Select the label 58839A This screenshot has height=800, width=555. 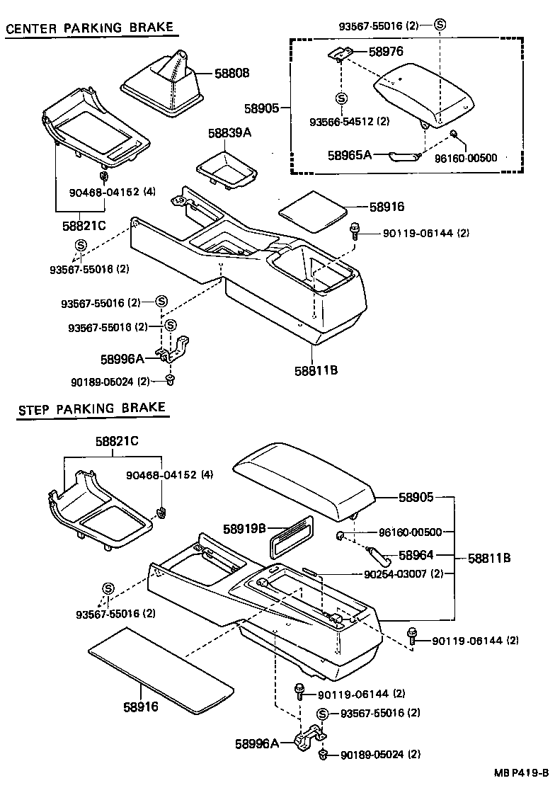coord(230,133)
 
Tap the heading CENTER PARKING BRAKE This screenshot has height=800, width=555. coord(89,28)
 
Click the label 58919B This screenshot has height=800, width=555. coord(244,528)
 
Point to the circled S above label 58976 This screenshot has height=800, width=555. coord(440,25)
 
